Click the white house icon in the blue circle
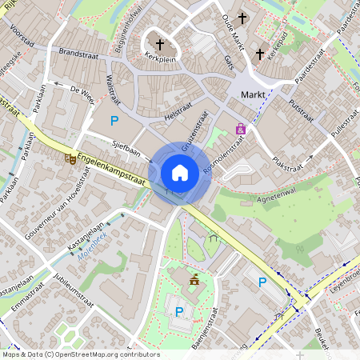pos(179,172)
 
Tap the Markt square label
pos(254,96)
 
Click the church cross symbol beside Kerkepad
pos(258,54)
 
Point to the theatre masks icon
pos(70,159)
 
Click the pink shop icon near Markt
pos(240,129)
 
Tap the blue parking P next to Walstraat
pos(114,122)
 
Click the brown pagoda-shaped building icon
pos(194,278)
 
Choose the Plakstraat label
pos(290,165)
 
